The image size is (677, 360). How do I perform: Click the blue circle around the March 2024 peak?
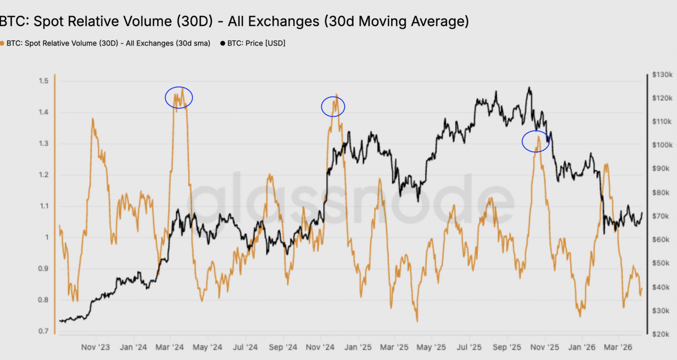click(x=179, y=97)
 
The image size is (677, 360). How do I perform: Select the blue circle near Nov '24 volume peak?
click(x=333, y=107)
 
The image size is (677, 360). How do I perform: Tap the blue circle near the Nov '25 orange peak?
click(x=536, y=141)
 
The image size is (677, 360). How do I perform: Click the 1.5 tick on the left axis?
click(x=44, y=81)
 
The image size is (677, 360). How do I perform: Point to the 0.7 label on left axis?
click(x=44, y=331)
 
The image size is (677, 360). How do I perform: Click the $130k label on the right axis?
click(x=662, y=75)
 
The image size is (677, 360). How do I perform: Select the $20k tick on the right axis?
click(x=661, y=334)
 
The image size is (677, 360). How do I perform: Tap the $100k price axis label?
click(x=662, y=145)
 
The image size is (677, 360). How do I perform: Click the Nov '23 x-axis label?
click(x=95, y=347)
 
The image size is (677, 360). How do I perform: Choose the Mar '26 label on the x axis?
click(x=618, y=347)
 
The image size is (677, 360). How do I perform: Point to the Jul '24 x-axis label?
click(x=245, y=347)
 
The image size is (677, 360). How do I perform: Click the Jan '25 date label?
click(x=358, y=347)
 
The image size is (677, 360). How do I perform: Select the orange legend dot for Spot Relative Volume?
click(x=2, y=43)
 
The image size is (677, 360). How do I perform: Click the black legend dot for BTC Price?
click(x=223, y=43)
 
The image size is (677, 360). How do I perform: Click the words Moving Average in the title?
click(x=414, y=21)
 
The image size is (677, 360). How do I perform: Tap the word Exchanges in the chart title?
click(x=283, y=21)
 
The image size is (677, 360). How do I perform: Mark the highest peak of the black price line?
click(x=529, y=87)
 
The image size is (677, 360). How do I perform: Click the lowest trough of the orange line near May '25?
click(x=417, y=321)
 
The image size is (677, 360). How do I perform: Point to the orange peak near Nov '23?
click(x=93, y=119)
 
